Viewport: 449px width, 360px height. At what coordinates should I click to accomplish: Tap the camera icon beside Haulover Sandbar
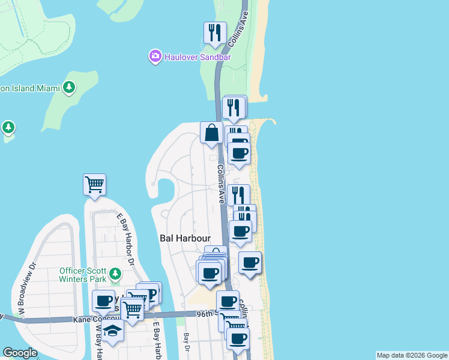[155, 56]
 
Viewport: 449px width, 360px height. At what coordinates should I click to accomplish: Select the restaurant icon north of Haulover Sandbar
[215, 34]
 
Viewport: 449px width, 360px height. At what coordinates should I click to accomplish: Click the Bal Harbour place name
[184, 238]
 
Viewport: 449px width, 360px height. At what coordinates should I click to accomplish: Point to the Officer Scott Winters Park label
[83, 274]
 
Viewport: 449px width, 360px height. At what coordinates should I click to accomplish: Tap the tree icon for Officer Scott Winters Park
[115, 275]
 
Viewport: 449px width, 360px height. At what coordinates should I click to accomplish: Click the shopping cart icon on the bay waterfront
[94, 185]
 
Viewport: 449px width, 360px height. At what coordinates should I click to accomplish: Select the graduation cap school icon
[112, 331]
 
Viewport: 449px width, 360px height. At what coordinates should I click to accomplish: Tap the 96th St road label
[206, 313]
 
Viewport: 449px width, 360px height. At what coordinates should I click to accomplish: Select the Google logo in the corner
[20, 353]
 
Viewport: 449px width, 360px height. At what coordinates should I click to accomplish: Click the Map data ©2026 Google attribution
[412, 355]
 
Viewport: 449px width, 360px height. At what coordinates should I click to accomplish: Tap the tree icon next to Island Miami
[69, 88]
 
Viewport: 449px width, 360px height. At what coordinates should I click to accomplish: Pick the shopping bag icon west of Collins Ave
[212, 133]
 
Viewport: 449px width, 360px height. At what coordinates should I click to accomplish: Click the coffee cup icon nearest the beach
[250, 262]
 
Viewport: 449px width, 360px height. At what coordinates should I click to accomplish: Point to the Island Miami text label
[30, 88]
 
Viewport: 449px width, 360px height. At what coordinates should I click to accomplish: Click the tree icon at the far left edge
[8, 127]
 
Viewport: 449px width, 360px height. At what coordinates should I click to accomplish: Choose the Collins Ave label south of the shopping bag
[221, 184]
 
